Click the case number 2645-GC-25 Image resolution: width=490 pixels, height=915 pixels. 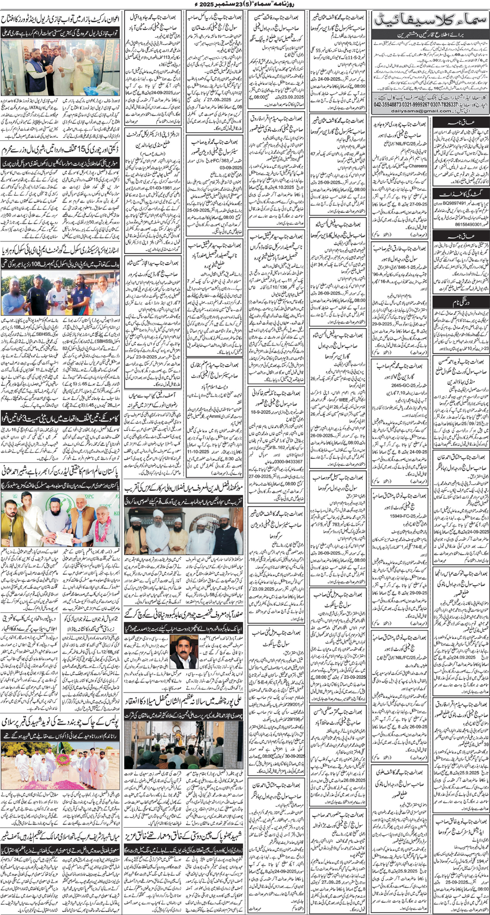click(x=405, y=386)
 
